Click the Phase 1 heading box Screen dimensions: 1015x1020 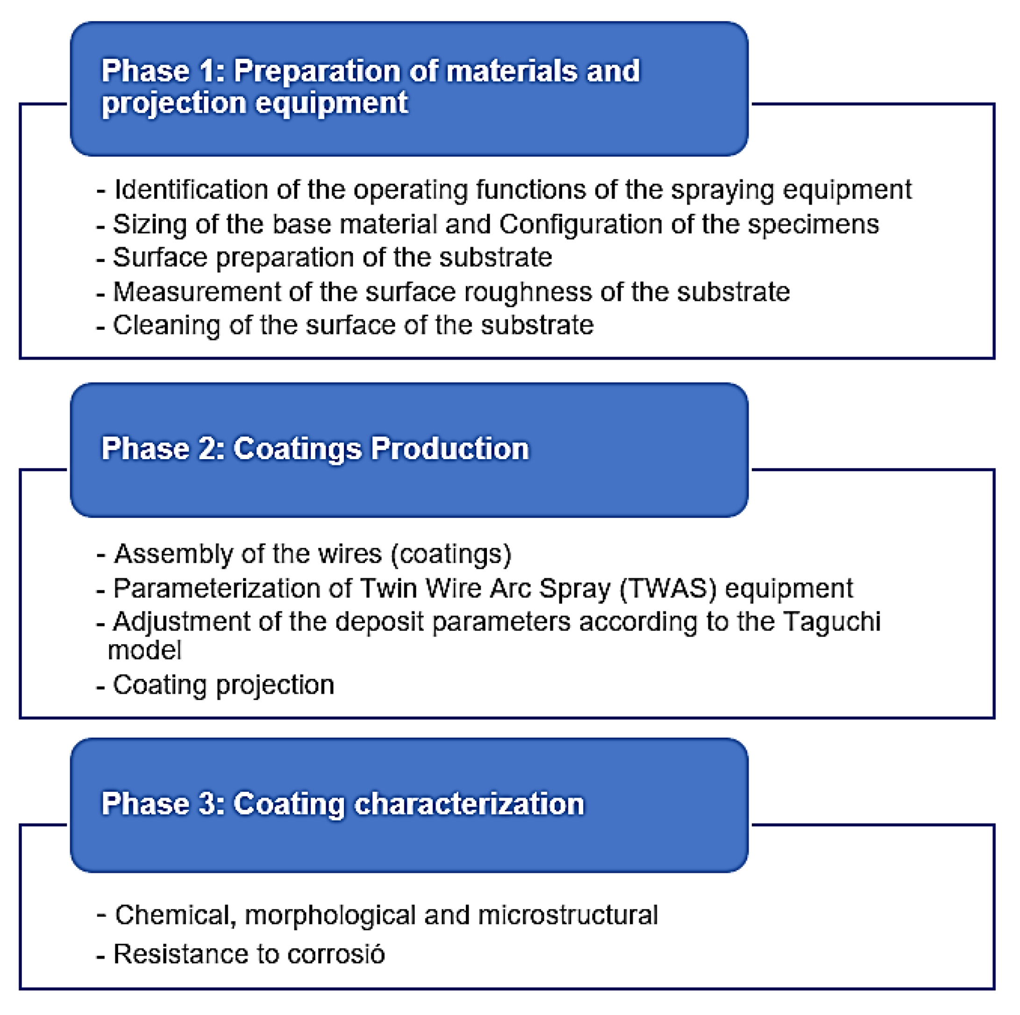[x=409, y=89]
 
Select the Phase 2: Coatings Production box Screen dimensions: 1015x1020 [x=409, y=450]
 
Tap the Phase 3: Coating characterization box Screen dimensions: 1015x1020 [x=409, y=805]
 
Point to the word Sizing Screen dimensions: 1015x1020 [x=150, y=224]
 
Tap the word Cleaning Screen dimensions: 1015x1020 [x=166, y=325]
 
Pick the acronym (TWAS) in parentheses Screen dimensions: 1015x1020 [x=668, y=589]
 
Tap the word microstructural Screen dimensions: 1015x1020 [x=568, y=915]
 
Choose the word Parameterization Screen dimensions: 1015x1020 [x=232, y=589]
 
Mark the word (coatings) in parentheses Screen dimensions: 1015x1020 [x=451, y=554]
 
